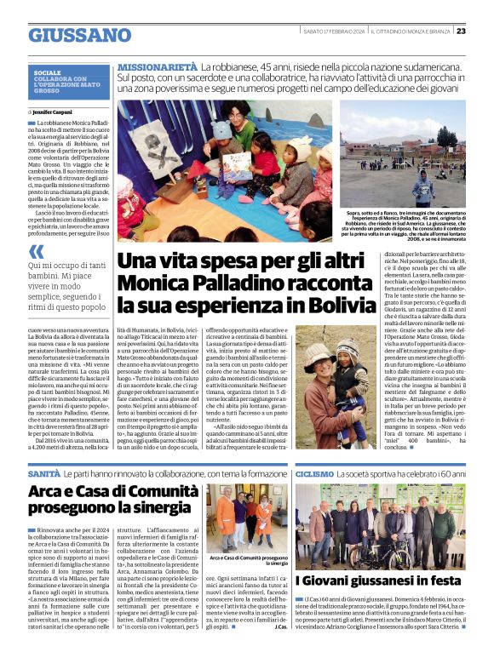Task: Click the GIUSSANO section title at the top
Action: point(79,35)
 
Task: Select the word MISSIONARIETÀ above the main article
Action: point(158,67)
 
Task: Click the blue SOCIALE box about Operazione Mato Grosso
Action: point(71,82)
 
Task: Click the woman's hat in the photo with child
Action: point(319,352)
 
